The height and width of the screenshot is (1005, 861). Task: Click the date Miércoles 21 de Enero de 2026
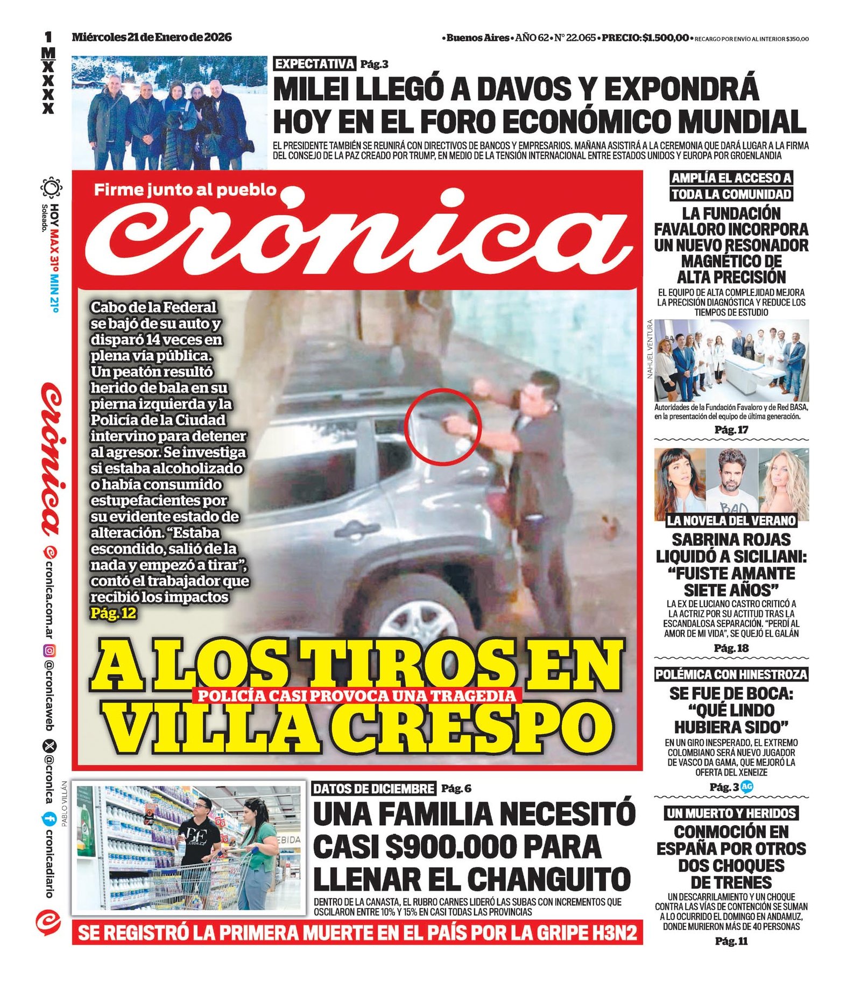(152, 37)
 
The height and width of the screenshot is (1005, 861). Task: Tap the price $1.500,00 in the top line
(665, 38)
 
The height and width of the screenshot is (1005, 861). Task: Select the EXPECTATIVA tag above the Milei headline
(314, 64)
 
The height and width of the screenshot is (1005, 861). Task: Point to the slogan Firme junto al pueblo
(185, 189)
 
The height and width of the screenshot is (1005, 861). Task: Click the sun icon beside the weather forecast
(51, 188)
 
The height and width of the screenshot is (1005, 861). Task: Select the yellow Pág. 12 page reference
(113, 613)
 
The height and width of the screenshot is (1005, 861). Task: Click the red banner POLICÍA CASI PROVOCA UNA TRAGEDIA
(357, 695)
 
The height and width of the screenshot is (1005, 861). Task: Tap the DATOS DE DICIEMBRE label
(373, 789)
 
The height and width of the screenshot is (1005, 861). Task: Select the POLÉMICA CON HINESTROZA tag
(731, 674)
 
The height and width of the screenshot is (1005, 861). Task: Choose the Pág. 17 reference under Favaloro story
(731, 430)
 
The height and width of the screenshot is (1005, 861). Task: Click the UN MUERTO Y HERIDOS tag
(731, 813)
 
